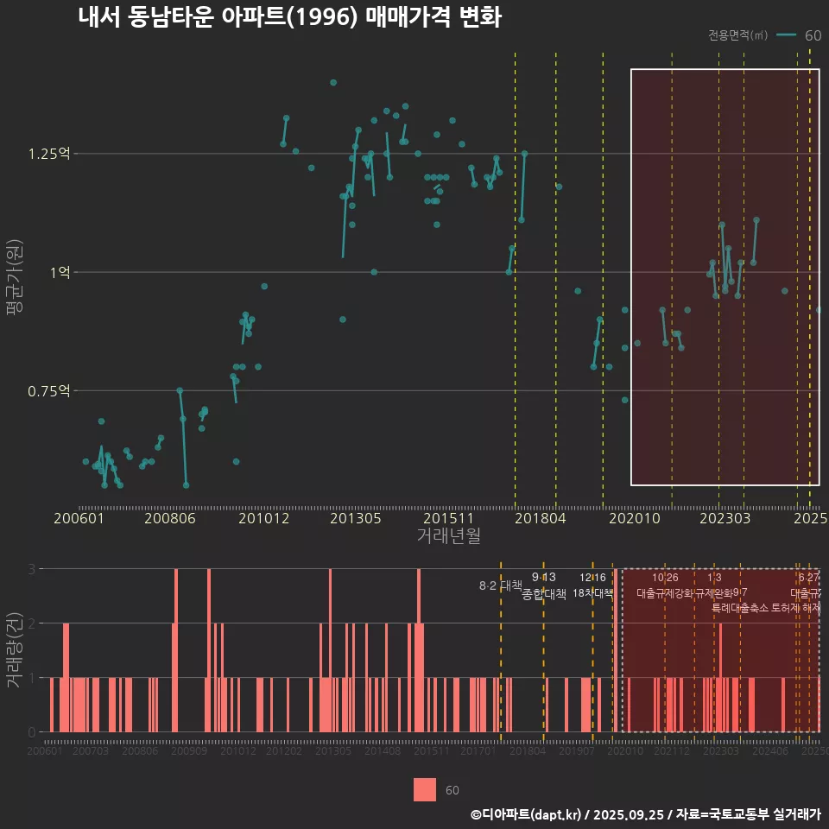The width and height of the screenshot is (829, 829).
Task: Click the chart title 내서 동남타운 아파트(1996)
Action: point(289,18)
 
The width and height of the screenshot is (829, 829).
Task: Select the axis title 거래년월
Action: point(448,535)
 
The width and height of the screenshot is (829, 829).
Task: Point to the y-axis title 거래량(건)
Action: point(14,650)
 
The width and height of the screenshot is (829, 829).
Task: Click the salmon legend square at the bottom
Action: point(425,790)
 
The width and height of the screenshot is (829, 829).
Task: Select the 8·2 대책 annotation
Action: point(507,585)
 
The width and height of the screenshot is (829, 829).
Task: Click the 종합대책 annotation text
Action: point(544,594)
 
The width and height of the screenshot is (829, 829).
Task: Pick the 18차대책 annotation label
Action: point(592,593)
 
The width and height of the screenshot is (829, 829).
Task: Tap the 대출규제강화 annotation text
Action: point(664,593)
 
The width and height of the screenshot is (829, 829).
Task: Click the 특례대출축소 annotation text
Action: point(739,608)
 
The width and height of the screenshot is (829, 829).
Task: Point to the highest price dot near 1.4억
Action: point(333,83)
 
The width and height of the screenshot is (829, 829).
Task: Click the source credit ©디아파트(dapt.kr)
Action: point(527,814)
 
